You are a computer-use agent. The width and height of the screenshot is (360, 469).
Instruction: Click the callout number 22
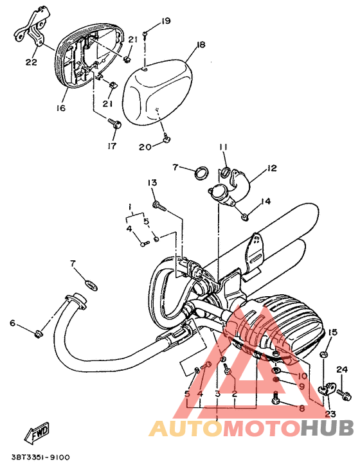click(31, 62)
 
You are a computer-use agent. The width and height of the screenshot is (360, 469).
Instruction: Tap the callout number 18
click(201, 44)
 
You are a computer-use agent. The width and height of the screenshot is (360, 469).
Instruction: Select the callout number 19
click(165, 21)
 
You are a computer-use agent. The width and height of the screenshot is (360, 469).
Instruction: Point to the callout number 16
click(60, 108)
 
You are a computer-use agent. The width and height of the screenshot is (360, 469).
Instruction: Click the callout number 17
click(112, 146)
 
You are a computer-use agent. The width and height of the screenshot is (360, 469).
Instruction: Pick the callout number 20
click(145, 147)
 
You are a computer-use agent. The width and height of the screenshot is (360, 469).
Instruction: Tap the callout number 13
click(152, 182)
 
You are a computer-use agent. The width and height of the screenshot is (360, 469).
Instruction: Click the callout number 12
click(272, 168)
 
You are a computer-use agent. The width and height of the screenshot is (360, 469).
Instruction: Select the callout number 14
click(266, 201)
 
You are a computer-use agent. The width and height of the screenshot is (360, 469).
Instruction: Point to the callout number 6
click(12, 323)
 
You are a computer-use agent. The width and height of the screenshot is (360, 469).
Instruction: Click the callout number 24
click(342, 369)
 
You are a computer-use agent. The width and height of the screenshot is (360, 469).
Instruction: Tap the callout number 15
click(333, 332)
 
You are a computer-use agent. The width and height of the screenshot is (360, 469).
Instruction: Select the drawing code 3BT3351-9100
click(40, 457)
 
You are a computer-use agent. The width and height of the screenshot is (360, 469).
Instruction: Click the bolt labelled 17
click(114, 123)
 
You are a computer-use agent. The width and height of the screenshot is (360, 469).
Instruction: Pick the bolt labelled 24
click(344, 393)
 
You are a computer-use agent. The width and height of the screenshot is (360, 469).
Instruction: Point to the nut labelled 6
click(38, 334)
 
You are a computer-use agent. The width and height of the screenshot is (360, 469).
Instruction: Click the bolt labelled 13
click(159, 206)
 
